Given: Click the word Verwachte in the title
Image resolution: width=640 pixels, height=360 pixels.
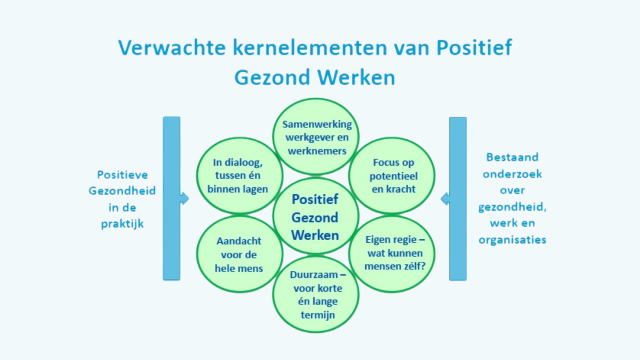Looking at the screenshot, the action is (172, 47).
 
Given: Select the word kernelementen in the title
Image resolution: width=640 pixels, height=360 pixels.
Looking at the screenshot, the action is (310, 47).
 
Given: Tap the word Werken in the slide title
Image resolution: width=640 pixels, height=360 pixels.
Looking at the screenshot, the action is (356, 77).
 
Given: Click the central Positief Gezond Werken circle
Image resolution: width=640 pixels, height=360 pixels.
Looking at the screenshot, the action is (315, 215).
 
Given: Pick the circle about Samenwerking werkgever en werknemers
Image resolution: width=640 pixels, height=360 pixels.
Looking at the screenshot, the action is (315, 137).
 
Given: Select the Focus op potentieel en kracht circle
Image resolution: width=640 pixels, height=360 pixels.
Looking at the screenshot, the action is (391, 175).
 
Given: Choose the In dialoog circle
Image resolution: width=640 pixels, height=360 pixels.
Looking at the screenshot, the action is (239, 175).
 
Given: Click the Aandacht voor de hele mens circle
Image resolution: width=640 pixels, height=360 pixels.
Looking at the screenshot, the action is (239, 254).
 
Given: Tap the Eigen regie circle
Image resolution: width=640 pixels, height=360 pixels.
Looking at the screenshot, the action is (391, 254).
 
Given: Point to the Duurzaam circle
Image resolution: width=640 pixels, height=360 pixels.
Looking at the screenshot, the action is (315, 294).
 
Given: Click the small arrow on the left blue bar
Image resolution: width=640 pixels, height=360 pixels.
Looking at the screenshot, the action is (185, 198).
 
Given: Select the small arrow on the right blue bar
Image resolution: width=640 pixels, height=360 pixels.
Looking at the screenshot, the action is (445, 199).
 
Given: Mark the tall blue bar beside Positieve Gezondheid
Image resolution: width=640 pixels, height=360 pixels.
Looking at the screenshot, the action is (171, 198).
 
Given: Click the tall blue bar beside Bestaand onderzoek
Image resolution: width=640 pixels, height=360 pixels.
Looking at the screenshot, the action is (458, 199).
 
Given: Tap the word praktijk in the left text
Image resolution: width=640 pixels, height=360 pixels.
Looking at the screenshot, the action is (122, 224).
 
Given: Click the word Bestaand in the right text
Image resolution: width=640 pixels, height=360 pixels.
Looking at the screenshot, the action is (513, 157).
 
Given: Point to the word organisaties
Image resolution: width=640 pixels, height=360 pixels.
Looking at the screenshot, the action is (513, 239).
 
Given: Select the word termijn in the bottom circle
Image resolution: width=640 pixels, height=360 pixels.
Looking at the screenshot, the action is (318, 315).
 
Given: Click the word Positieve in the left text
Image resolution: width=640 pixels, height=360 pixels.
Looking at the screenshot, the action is (122, 175).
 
